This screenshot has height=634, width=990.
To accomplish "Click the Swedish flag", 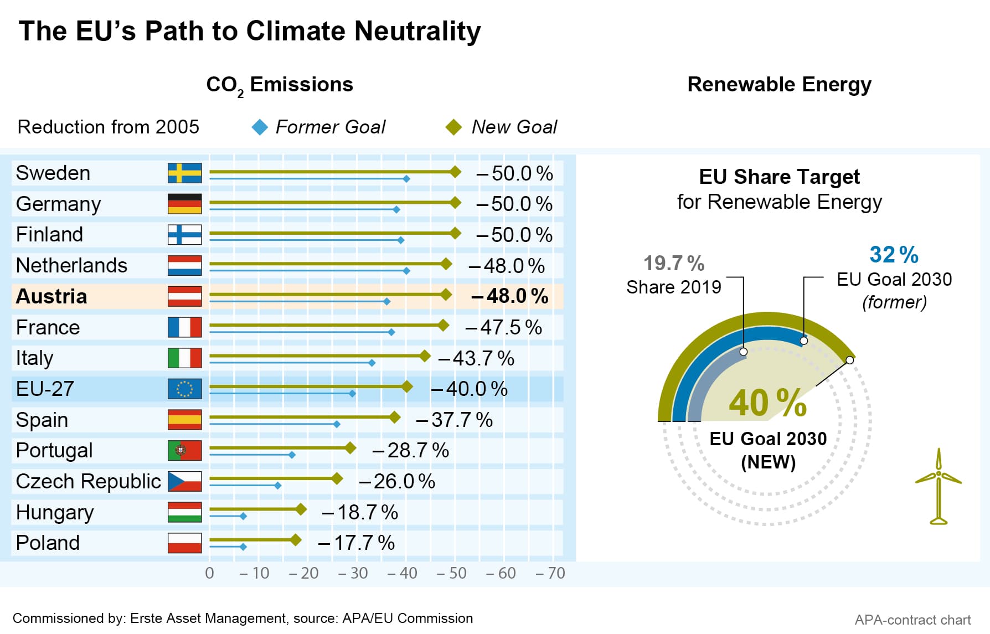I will click(184, 173).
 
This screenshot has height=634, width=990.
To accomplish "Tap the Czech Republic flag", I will click(184, 481).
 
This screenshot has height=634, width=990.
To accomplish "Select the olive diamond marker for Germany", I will click(455, 203).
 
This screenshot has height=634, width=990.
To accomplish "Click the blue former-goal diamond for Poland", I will click(243, 547).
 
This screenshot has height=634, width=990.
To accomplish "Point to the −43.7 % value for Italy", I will click(476, 358).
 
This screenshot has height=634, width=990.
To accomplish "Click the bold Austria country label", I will click(51, 296).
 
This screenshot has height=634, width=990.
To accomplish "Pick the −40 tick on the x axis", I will click(403, 573).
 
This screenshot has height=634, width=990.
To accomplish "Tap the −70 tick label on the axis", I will click(550, 573).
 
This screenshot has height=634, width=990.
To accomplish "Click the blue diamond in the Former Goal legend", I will click(260, 127).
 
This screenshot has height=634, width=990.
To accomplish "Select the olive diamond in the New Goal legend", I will click(453, 127).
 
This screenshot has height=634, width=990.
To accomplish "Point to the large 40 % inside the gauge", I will click(767, 403).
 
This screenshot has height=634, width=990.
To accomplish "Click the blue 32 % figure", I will click(894, 255).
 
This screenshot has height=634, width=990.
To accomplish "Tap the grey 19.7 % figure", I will click(673, 263).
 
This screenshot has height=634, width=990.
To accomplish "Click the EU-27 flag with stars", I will click(184, 389).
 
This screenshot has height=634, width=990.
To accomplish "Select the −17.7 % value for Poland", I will click(357, 543).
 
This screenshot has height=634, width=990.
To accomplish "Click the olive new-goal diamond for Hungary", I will click(301, 509).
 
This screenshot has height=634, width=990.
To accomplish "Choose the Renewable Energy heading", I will click(779, 84).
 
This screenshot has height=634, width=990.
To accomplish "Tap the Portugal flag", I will click(184, 450).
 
